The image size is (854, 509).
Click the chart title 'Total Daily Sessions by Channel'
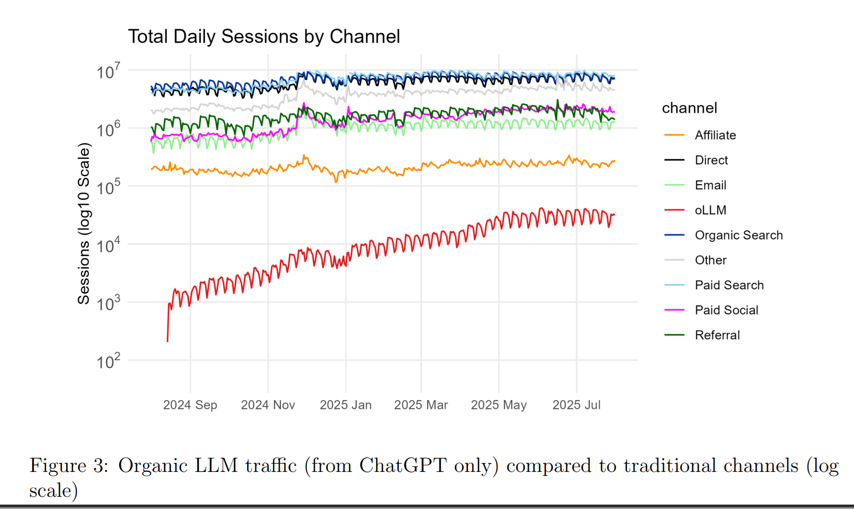point(264,37)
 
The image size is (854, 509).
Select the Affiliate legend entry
point(715,135)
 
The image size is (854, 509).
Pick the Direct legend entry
point(711,160)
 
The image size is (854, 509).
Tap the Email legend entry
point(711,185)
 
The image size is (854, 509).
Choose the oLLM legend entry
point(710,210)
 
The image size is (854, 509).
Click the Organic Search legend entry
point(738,235)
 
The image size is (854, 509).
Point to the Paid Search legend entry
point(729,285)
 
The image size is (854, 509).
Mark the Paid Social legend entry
point(726,310)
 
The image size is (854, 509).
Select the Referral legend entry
point(717,335)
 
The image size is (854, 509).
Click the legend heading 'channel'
point(690,108)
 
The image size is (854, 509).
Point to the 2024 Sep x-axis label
point(190,405)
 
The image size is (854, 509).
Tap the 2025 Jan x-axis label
point(346,405)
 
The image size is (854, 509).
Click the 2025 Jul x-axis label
point(577,405)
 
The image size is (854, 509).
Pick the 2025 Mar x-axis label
point(421,405)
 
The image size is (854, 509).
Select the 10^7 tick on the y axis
point(108,72)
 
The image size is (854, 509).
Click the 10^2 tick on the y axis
point(108,362)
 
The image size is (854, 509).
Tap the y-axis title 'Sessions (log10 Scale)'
point(84,224)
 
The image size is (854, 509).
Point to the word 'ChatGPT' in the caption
point(403,466)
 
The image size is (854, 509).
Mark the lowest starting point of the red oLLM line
point(168,341)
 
